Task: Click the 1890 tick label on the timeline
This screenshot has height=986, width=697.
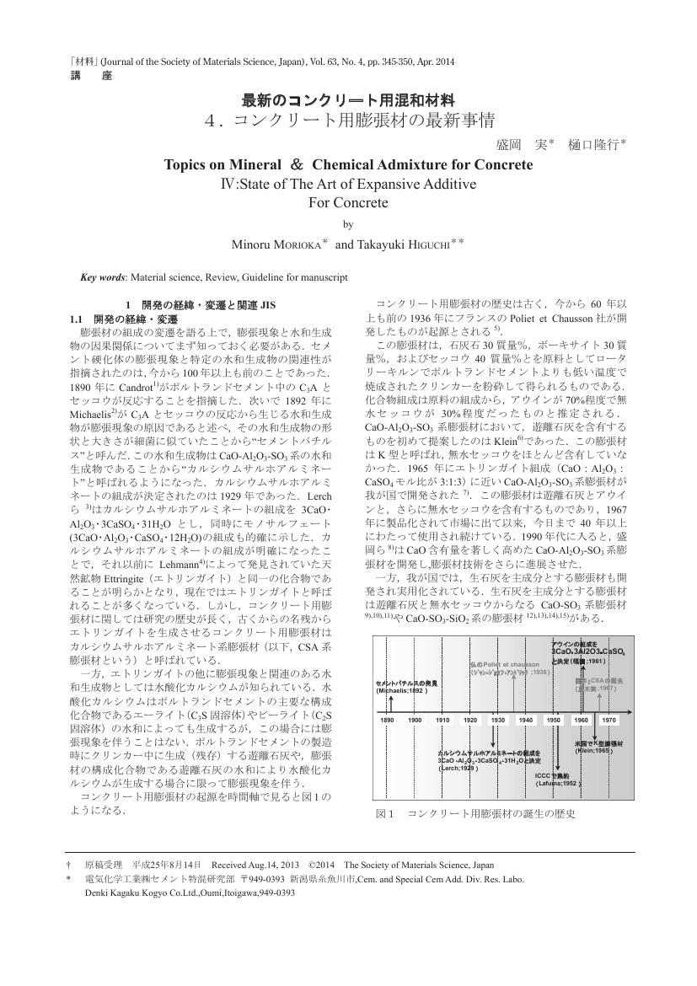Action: tap(388, 720)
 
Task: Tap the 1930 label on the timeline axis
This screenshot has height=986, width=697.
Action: tap(498, 720)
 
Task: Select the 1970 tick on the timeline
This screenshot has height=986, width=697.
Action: tap(609, 720)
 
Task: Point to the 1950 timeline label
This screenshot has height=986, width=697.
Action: tap(554, 720)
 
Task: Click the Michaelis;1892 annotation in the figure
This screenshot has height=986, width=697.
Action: tap(403, 690)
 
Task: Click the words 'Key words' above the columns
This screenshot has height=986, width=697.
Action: tap(102, 276)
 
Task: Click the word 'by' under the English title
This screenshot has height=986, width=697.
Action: tap(348, 224)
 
